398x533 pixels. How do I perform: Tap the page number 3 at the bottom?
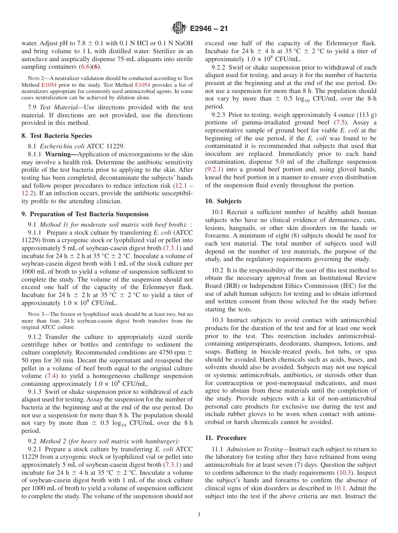199,515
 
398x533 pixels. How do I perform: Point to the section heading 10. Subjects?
223,201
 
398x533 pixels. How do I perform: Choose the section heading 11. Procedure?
225,438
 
